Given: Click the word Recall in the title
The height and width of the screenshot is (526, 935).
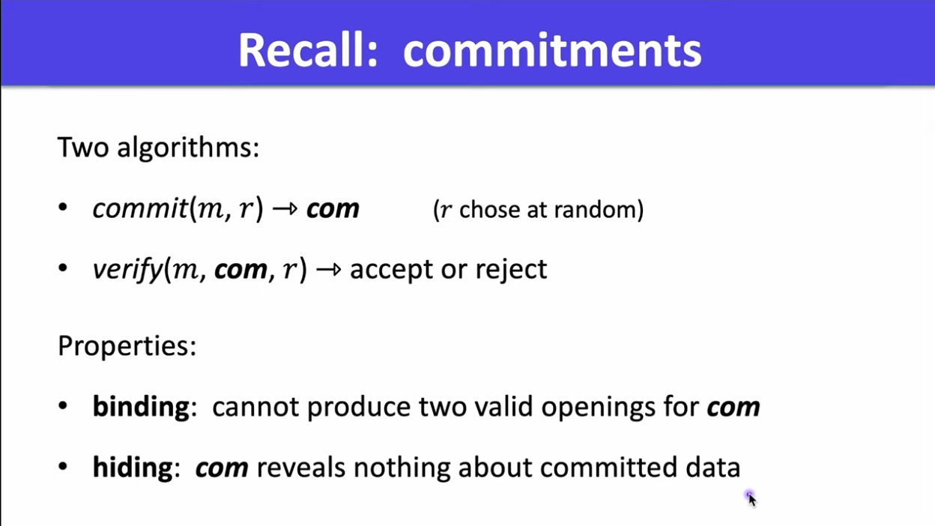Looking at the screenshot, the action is tap(308, 50).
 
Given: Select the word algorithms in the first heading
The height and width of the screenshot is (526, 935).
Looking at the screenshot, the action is tap(188, 148).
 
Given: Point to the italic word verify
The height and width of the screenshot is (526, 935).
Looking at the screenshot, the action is tap(127, 270).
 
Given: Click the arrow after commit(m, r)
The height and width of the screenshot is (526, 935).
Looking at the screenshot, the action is tap(285, 208).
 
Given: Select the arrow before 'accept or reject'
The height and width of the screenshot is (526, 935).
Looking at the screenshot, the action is tap(328, 270).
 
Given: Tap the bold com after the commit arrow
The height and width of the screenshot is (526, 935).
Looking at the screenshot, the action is tap(333, 209).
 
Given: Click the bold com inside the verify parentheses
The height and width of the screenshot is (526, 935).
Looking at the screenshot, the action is tap(240, 270).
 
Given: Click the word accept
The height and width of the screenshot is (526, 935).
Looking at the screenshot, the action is tap(392, 270).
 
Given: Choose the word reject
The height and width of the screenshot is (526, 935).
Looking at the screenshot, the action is tap(511, 270).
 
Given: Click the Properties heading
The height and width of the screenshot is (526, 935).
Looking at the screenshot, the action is tap(127, 346).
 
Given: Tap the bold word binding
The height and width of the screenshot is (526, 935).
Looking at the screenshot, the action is tap(141, 407).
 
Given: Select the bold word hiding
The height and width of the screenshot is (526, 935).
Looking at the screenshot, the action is tap(133, 467).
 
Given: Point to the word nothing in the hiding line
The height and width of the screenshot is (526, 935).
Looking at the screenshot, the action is tap(402, 468).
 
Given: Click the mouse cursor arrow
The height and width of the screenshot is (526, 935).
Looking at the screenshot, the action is tap(751, 499).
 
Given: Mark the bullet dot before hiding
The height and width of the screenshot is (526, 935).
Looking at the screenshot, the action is tap(63, 466).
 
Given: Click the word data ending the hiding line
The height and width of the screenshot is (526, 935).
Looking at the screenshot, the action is tap(713, 468).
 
